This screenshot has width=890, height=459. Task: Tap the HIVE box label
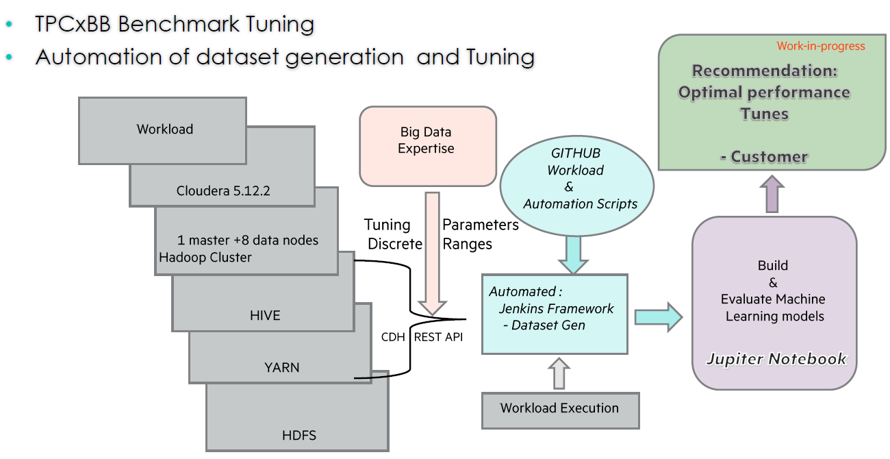click(x=265, y=315)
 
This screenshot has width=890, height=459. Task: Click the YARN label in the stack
click(x=281, y=367)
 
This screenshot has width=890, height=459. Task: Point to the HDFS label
click(x=299, y=435)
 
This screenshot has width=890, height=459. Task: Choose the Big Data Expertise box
click(x=427, y=145)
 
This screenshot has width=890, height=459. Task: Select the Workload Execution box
click(x=559, y=409)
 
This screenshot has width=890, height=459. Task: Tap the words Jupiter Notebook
click(x=776, y=359)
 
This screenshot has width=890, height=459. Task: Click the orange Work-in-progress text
click(x=820, y=47)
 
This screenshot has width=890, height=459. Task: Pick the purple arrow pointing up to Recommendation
click(x=772, y=193)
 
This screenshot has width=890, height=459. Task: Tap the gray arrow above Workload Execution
click(x=560, y=373)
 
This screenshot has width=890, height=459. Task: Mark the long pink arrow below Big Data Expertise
click(x=432, y=253)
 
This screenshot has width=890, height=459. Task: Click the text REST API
click(x=438, y=336)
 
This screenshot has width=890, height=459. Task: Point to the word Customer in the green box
click(x=769, y=157)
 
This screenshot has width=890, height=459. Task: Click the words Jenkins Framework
click(x=556, y=308)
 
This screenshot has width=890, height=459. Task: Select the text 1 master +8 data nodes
click(x=247, y=240)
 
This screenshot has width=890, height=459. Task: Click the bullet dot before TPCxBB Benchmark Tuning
click(x=9, y=25)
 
